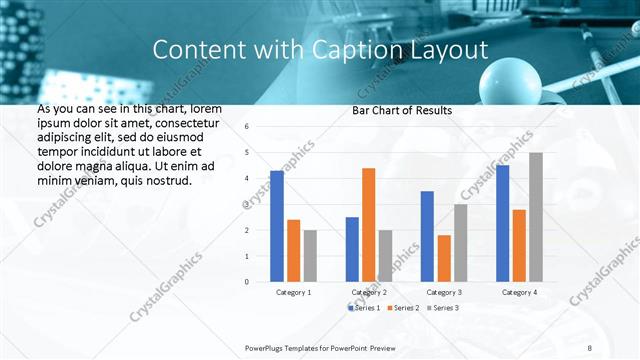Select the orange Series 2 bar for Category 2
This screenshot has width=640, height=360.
click(x=368, y=225)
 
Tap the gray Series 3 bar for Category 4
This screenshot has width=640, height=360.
click(x=536, y=217)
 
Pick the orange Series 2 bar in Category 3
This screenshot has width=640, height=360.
click(x=443, y=258)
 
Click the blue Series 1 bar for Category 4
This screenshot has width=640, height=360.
click(x=502, y=223)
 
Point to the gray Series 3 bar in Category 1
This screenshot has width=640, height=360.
click(x=310, y=256)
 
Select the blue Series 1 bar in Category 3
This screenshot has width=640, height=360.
click(x=427, y=236)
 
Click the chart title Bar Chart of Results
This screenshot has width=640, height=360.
click(x=402, y=110)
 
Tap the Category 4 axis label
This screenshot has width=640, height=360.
click(x=518, y=292)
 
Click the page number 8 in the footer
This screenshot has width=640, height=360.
click(x=587, y=346)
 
